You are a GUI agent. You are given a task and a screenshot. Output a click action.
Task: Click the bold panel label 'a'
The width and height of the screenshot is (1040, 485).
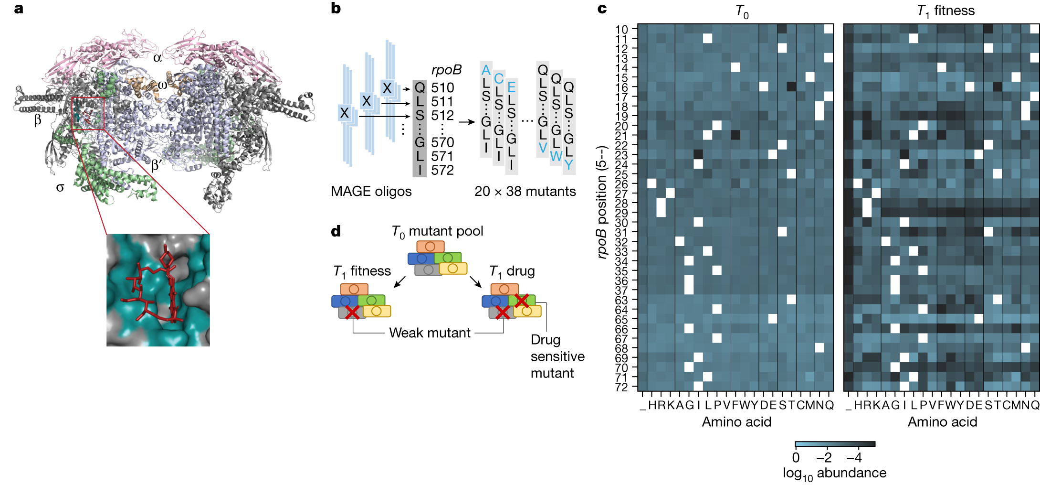point(19,9)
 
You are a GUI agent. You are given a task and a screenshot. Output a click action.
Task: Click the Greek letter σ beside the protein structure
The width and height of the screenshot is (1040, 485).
point(60,188)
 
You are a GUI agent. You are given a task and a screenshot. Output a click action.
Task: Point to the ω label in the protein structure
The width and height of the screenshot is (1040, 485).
point(163,85)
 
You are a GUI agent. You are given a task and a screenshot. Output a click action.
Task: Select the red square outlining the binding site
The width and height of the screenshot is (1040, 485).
point(88,114)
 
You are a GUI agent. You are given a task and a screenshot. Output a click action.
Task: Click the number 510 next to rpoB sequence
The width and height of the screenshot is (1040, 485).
point(442,88)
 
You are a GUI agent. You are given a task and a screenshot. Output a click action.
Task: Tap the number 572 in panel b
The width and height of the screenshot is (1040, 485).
point(442,170)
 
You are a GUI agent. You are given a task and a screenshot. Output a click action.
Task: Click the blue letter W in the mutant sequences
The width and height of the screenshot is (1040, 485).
point(556,156)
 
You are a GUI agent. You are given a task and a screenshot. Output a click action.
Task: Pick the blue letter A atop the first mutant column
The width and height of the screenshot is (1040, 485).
point(486,70)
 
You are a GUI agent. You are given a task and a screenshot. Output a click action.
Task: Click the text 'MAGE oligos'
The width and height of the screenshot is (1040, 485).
point(371,191)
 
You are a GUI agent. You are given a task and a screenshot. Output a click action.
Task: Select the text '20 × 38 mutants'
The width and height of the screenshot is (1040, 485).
point(525,191)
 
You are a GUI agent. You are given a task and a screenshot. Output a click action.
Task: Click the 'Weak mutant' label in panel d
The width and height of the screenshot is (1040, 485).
point(430,333)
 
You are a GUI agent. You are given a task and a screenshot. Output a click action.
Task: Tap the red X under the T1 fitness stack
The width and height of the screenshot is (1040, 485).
point(352,313)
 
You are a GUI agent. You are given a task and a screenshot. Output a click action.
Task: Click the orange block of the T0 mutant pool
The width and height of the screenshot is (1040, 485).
point(431,247)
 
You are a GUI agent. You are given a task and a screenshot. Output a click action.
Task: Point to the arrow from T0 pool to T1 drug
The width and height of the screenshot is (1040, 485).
point(475,281)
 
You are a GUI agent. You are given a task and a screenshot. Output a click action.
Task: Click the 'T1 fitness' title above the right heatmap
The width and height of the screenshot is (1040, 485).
point(945,11)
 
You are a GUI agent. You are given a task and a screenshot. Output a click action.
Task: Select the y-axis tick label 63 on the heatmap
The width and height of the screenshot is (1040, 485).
point(621,300)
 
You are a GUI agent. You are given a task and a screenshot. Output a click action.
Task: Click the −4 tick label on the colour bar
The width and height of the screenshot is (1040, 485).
point(854,458)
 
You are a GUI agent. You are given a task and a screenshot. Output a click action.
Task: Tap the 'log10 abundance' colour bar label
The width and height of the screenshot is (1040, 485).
point(834,473)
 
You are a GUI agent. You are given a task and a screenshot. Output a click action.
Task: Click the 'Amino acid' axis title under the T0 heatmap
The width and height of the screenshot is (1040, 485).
point(736,422)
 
